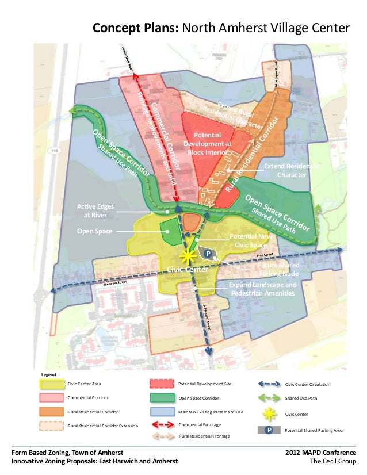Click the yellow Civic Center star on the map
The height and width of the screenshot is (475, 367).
[x=186, y=256]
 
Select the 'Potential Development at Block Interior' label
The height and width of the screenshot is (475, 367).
[x=208, y=143]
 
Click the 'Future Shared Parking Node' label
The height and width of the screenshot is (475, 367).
[x=278, y=270]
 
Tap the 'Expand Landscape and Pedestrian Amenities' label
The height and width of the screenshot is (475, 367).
[x=263, y=289]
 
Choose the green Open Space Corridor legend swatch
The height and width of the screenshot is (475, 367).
[x=162, y=397]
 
